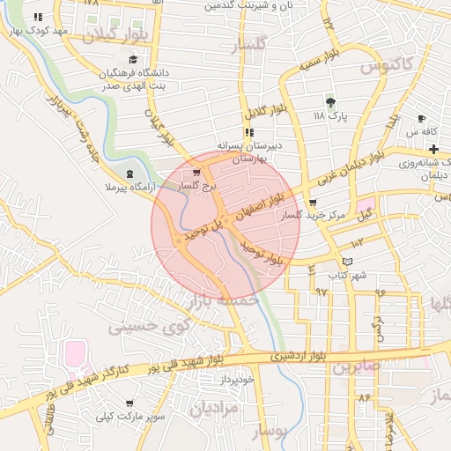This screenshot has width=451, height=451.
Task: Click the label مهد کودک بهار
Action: pos(59,31)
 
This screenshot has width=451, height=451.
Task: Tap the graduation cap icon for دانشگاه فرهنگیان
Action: pos(133,59)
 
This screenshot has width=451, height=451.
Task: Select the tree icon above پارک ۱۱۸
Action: pos(330,102)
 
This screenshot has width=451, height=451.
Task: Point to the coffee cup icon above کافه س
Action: pos(421,118)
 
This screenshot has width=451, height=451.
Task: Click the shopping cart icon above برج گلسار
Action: pos(196,173)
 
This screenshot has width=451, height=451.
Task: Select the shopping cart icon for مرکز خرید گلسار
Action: pos(314,202)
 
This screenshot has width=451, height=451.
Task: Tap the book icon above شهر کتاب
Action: pos(347,262)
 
